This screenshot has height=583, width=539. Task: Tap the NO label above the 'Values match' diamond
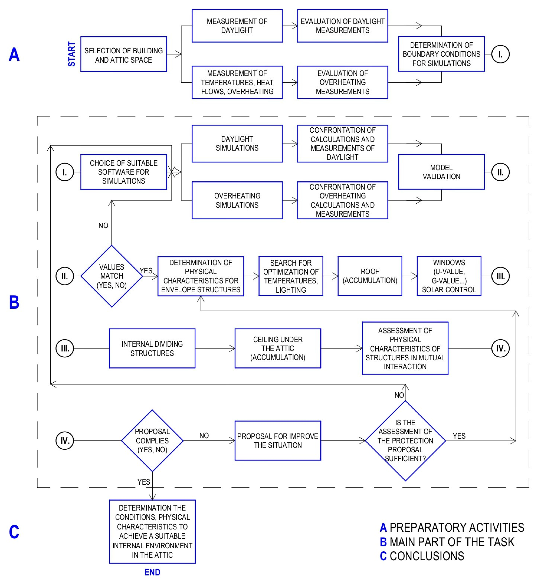[103, 225]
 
